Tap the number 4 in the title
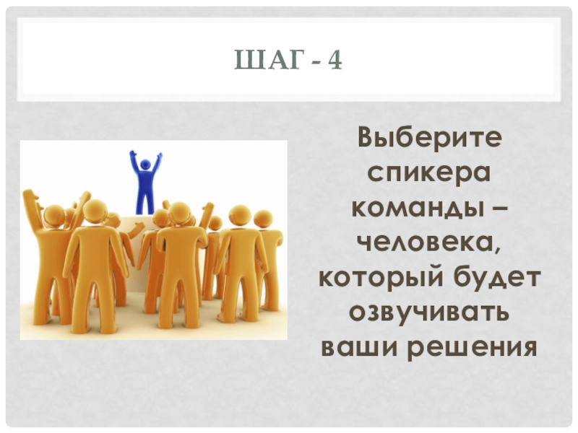click(333, 62)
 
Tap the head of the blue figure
click(145, 165)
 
